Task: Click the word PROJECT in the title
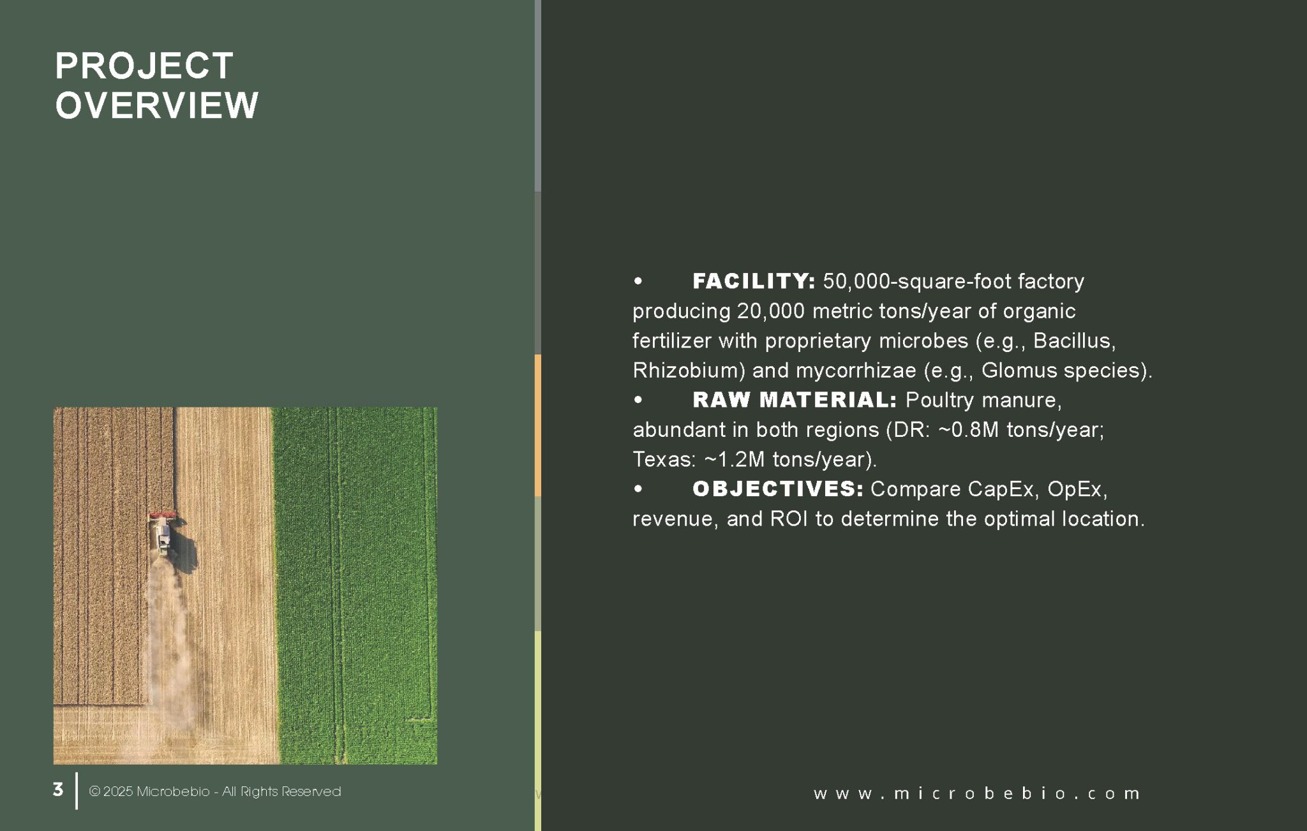(144, 66)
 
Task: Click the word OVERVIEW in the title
(157, 105)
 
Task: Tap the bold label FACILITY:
(754, 281)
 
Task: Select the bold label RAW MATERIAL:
(795, 400)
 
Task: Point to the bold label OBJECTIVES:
(778, 489)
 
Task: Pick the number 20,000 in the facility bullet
(771, 311)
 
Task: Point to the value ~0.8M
(968, 430)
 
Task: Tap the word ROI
(789, 519)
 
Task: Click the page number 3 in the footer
(58, 790)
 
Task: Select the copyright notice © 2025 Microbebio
(149, 791)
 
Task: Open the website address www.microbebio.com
(976, 793)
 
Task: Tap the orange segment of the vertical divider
(538, 425)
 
